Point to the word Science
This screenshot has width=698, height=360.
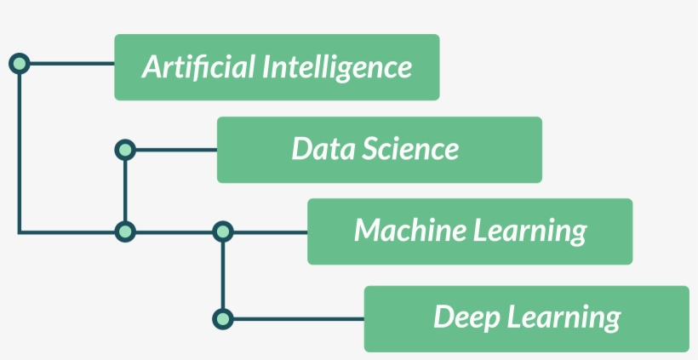410,149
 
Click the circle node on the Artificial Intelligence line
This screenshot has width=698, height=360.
19,63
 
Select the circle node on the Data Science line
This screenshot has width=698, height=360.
125,150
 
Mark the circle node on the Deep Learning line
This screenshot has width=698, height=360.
222,319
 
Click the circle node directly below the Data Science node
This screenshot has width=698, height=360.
125,231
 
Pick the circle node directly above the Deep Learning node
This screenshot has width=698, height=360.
222,231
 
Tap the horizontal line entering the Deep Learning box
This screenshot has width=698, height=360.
298,319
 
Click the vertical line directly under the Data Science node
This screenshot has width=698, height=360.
125,191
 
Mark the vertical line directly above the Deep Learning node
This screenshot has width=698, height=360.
222,275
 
